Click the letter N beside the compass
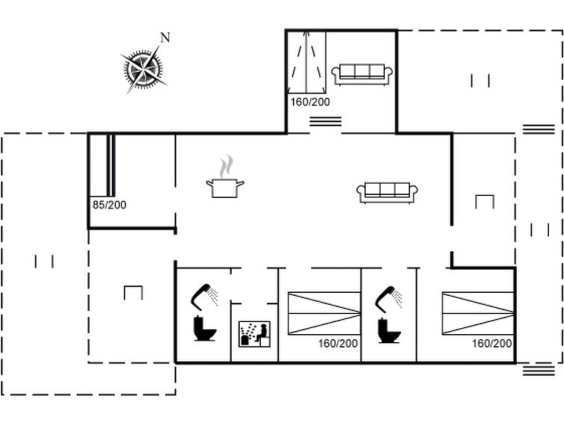click(x=165, y=37)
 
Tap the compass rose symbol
click(x=143, y=69)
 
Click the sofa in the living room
click(x=387, y=193)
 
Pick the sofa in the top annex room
click(x=362, y=75)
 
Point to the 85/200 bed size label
click(x=109, y=205)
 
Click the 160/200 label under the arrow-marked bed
click(x=310, y=102)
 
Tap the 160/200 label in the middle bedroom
click(x=338, y=344)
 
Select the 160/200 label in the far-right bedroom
click(x=492, y=344)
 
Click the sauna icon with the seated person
click(x=255, y=334)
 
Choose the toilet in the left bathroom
click(x=205, y=328)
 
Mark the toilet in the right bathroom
click(x=389, y=330)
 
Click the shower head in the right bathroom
click(x=388, y=298)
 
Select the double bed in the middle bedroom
click(x=324, y=313)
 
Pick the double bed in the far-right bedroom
click(x=478, y=313)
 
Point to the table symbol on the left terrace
click(x=134, y=292)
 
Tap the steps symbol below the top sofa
click(x=326, y=122)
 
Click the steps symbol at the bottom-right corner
click(x=539, y=371)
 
